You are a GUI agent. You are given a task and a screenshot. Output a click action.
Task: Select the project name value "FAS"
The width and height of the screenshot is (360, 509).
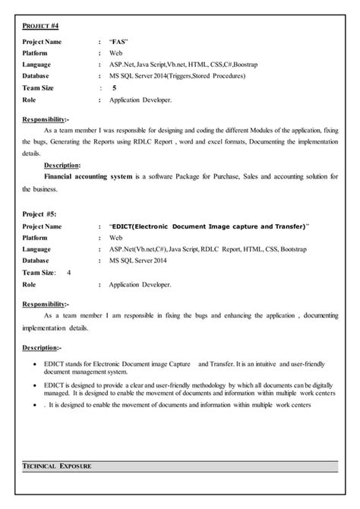click(x=119, y=42)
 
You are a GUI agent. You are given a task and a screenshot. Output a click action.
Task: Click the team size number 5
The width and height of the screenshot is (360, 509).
click(x=114, y=88)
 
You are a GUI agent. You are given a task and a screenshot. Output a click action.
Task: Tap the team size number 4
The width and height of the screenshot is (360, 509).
click(x=69, y=272)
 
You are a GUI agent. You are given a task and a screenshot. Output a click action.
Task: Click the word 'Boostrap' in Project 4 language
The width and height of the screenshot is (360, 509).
click(x=241, y=65)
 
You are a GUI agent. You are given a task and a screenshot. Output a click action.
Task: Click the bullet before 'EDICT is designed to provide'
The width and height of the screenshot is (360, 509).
click(x=38, y=385)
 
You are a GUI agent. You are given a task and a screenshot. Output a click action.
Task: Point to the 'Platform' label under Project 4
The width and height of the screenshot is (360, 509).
click(x=36, y=53)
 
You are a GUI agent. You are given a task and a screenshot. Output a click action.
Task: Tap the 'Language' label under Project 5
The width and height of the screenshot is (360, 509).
click(x=38, y=248)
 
